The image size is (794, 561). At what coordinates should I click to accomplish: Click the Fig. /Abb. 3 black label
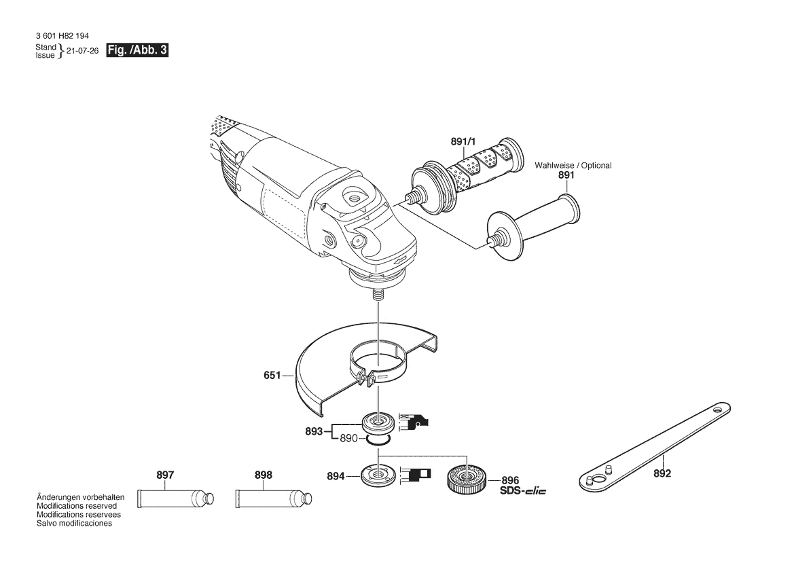point(137,50)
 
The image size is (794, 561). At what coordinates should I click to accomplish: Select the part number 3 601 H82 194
point(62,37)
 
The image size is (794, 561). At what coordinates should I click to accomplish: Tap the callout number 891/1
point(463,142)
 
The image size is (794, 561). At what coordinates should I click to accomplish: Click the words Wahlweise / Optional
point(573,166)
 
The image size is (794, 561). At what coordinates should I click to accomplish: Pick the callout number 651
point(272,376)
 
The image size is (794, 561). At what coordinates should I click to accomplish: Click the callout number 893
point(314,431)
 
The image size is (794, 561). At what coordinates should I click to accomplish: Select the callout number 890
point(348,438)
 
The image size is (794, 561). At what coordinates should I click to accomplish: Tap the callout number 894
point(336,476)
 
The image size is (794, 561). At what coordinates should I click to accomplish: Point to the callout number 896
point(510,480)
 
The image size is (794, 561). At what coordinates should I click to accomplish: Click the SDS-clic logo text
point(523,490)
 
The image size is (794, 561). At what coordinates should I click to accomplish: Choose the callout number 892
point(662,473)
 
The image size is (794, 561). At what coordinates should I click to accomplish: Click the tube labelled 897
point(177,499)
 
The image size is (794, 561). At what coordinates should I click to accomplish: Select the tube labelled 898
point(274,499)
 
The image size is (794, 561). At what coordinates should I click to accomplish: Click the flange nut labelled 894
point(377,475)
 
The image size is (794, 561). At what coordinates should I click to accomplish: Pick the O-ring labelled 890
point(377,441)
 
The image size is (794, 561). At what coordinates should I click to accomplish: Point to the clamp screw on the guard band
point(365,378)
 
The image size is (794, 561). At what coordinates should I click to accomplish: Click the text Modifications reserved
point(77,506)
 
